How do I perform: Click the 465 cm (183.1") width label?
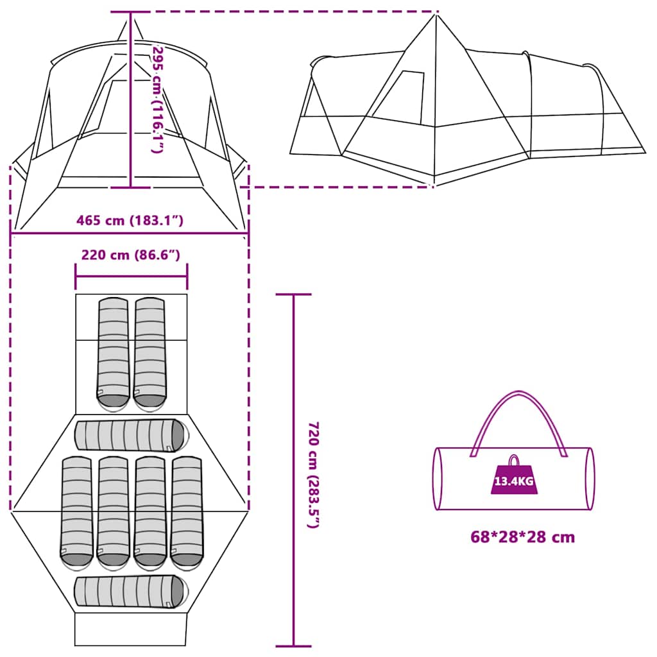coord(130,221)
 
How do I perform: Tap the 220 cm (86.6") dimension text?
coord(130,255)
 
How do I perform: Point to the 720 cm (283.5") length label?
coord(313,474)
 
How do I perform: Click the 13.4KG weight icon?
coord(513,478)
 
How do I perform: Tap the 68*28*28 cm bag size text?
coord(522,537)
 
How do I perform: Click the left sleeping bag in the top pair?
coord(114,353)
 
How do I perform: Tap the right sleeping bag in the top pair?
coord(149,353)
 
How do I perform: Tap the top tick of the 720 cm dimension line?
coord(293,294)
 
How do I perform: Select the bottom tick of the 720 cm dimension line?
coord(293,645)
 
